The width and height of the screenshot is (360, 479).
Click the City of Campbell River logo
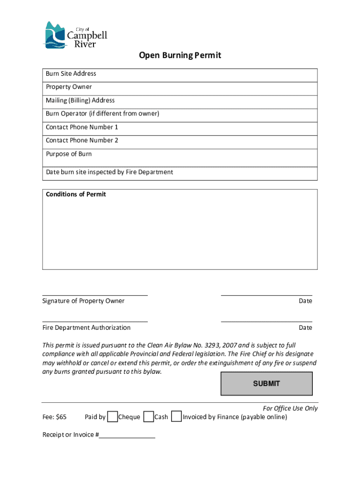click(x=75, y=35)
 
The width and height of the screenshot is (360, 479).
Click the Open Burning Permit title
click(x=180, y=56)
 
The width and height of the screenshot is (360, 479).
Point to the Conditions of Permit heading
click(x=76, y=195)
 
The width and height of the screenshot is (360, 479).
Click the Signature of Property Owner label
click(x=83, y=301)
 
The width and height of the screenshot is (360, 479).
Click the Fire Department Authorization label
click(x=86, y=328)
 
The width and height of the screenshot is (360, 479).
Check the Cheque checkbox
click(x=112, y=417)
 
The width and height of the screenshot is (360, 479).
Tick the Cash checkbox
click(x=149, y=417)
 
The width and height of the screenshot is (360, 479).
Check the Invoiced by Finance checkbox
click(x=176, y=417)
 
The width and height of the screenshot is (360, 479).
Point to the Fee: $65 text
click(x=54, y=417)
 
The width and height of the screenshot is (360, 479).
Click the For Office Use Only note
click(x=290, y=408)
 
